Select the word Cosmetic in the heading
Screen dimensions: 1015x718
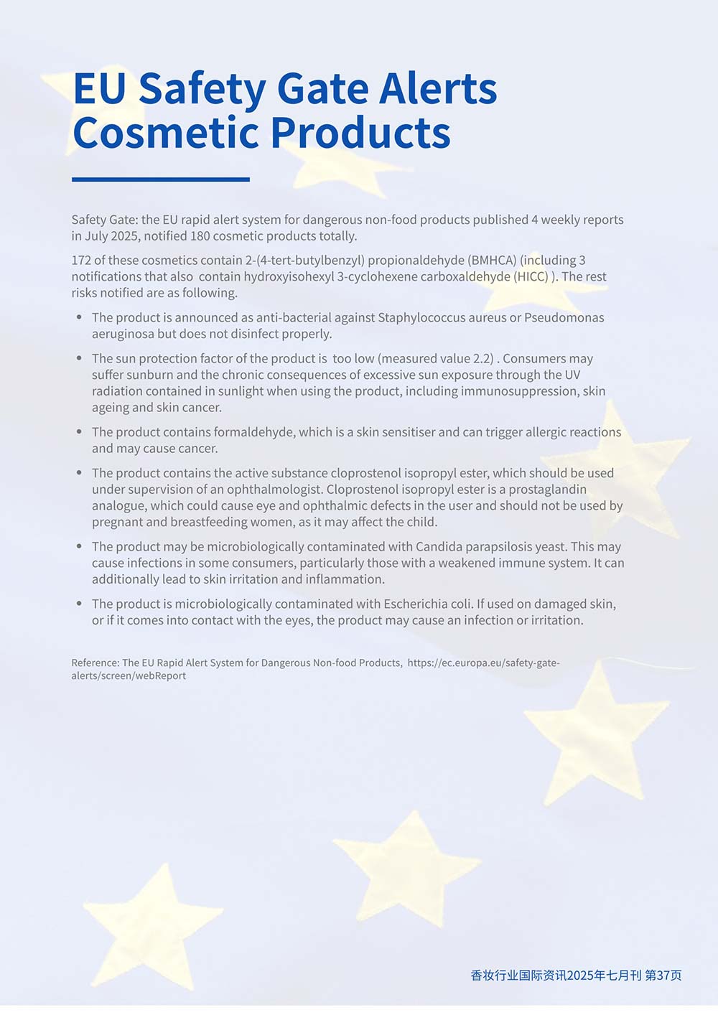point(166,133)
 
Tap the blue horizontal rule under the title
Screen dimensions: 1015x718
point(161,179)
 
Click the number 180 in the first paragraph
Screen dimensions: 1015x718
point(200,236)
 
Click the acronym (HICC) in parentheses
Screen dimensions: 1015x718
point(531,276)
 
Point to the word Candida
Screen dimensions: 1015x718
point(439,547)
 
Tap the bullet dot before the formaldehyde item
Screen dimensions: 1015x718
point(79,432)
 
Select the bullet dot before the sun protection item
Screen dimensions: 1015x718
point(79,358)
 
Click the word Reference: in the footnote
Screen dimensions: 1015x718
point(95,663)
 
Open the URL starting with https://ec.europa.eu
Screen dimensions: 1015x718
point(482,663)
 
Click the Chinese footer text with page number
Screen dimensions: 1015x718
point(576,975)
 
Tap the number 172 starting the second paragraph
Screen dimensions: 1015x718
point(81,260)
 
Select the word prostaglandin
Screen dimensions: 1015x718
point(547,490)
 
